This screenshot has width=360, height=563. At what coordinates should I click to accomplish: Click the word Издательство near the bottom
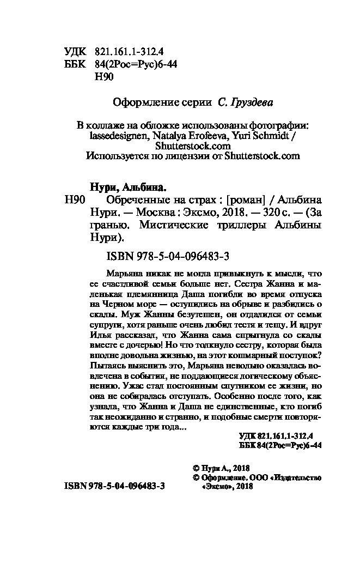click(296, 477)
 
